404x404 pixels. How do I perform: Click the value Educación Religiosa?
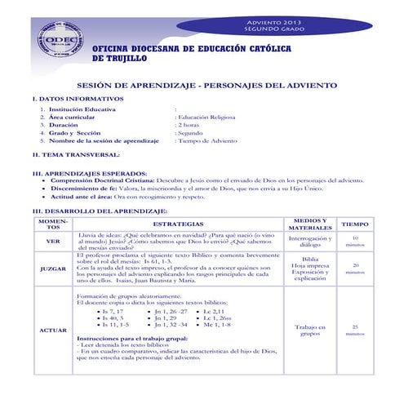pyautogui.click(x=206, y=117)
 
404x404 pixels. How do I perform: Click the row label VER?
pyautogui.click(x=52, y=240)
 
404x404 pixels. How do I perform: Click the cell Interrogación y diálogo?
pyautogui.click(x=310, y=240)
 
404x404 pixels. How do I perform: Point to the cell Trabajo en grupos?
pyautogui.click(x=310, y=329)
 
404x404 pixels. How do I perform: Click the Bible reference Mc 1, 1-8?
pyautogui.click(x=217, y=324)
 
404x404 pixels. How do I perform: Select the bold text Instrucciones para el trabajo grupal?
pyautogui.click(x=131, y=337)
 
